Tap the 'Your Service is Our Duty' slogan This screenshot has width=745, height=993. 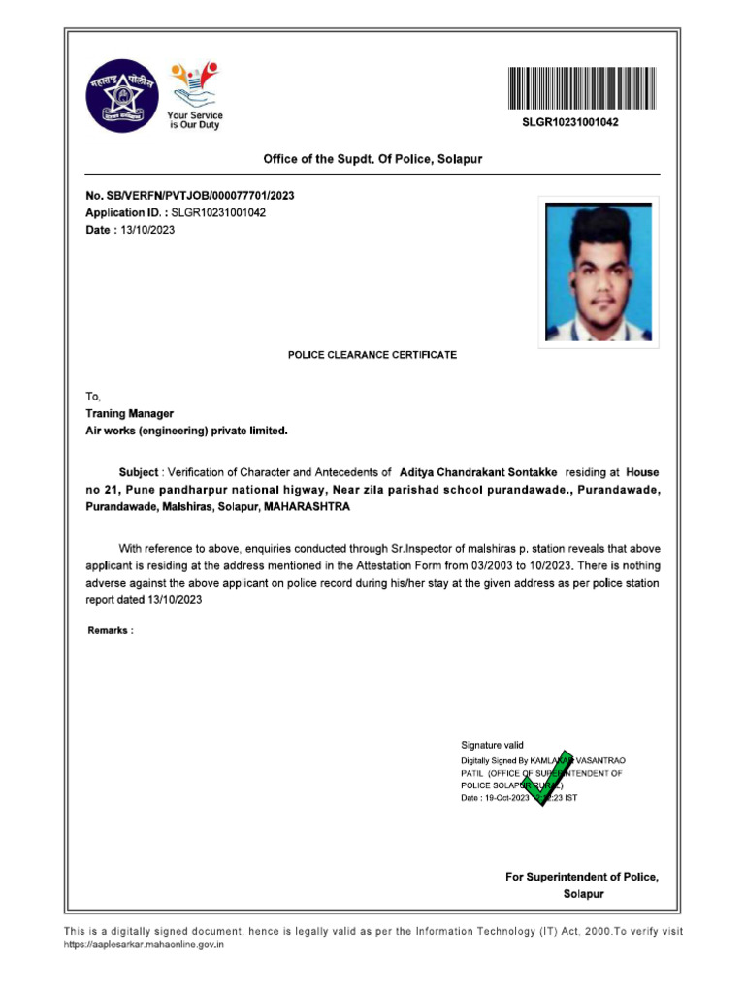(x=195, y=121)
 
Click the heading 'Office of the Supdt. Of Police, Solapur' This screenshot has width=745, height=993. (x=373, y=158)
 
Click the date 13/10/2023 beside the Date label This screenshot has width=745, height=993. (x=147, y=230)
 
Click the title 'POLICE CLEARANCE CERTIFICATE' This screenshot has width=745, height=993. (x=372, y=355)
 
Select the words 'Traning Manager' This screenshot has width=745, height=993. (x=130, y=413)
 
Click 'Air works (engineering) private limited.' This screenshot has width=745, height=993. (x=187, y=430)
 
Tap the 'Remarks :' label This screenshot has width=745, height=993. (x=111, y=631)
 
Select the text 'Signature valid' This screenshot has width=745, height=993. (x=492, y=745)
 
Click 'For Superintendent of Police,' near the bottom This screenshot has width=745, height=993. (x=582, y=877)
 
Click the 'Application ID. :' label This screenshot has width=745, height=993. (x=127, y=212)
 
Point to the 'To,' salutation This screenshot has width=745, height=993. (x=93, y=396)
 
